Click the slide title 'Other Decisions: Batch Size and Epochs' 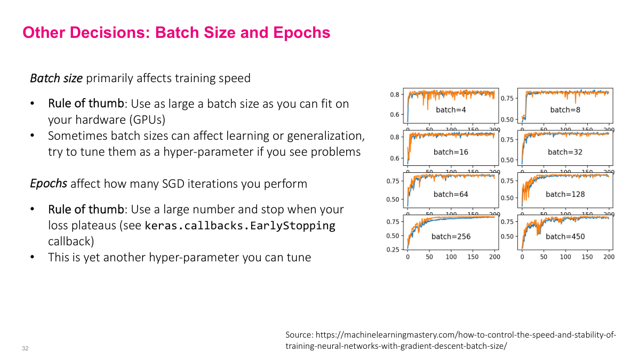tap(176, 33)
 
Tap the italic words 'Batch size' tap(56, 78)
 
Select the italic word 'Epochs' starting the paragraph tap(48, 184)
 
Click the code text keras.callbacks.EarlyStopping tap(240, 226)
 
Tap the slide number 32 tap(25, 348)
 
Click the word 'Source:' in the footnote tap(300, 335)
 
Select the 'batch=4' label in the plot tap(451, 110)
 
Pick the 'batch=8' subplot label tap(565, 110)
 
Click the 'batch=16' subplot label tap(451, 152)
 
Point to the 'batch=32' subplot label tap(565, 152)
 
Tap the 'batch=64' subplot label tap(451, 194)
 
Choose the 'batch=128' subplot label tap(565, 194)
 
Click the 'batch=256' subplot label tap(451, 236)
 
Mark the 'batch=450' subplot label tap(565, 236)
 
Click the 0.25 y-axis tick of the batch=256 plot tap(393, 250)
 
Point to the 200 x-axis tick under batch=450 tap(609, 257)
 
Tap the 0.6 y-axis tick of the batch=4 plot tap(395, 115)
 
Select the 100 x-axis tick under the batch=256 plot tap(451, 257)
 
